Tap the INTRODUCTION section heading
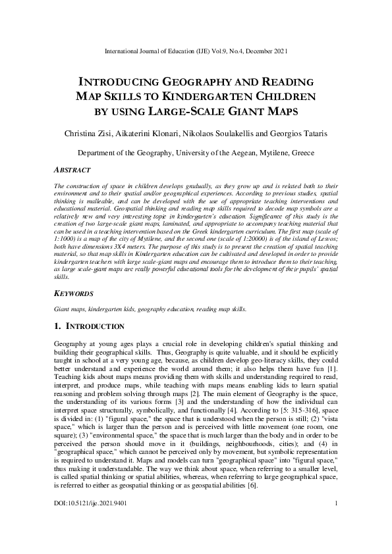click(x=94, y=326)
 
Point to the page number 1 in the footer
click(x=336, y=541)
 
